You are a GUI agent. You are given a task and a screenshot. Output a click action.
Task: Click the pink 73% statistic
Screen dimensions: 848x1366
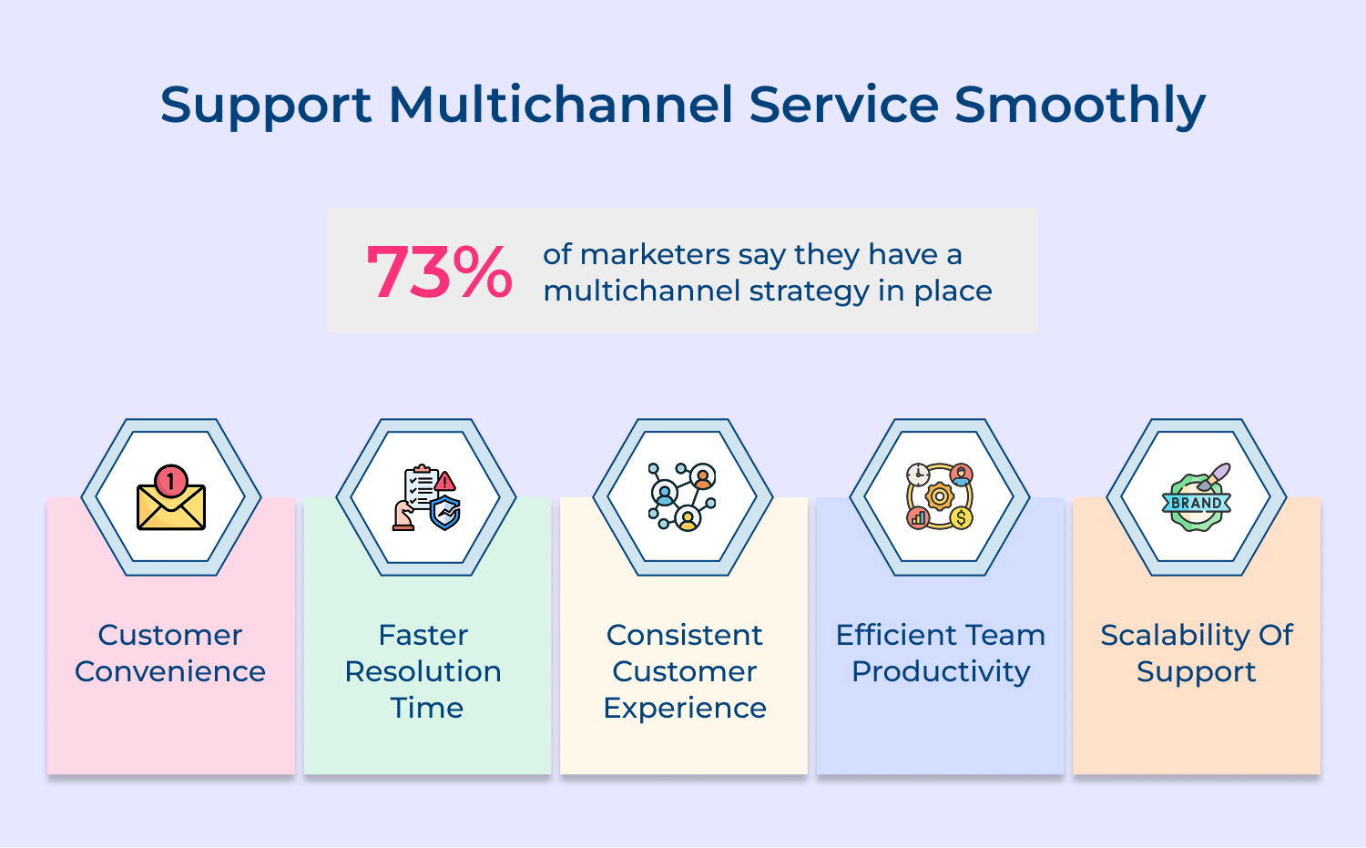tap(439, 271)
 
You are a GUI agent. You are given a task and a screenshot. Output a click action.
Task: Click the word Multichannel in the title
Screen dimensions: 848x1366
tap(561, 104)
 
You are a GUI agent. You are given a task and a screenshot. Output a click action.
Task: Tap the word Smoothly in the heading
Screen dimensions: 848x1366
tap(1080, 104)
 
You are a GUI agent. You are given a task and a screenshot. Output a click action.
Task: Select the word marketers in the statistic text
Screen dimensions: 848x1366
tap(655, 254)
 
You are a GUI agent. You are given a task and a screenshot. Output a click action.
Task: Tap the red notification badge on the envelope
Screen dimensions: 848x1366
tap(170, 479)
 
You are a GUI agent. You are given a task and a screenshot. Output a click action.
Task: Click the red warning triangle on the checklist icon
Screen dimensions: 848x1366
tap(445, 481)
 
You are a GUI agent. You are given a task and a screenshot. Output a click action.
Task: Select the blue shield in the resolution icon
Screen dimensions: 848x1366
tap(445, 513)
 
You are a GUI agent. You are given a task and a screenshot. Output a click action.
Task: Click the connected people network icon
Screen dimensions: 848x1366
tap(682, 496)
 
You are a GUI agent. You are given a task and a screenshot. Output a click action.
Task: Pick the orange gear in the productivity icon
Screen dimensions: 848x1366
tap(939, 496)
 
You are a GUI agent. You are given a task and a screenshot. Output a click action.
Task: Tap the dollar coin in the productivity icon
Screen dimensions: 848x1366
tap(961, 518)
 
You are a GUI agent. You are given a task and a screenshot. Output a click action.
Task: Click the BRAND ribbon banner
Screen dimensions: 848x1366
tap(1196, 503)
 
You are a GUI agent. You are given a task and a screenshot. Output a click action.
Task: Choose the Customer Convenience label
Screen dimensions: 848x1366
tap(170, 653)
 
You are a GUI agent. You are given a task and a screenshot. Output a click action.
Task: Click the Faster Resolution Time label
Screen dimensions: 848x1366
tap(425, 671)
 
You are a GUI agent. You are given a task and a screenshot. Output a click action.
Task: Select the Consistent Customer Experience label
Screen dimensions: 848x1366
tap(684, 671)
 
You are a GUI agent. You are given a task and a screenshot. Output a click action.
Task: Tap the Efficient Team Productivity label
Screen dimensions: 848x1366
tap(940, 653)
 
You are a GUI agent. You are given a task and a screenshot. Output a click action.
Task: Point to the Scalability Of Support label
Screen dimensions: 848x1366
tap(1196, 653)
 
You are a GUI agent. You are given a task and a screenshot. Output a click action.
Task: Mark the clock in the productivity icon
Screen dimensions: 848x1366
tap(918, 475)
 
